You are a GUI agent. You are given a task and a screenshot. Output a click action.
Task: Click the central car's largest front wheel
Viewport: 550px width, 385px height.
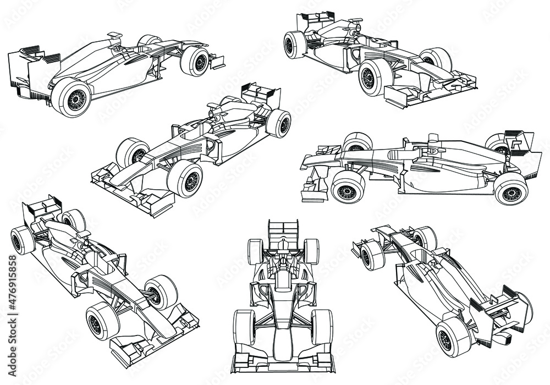(184, 180)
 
